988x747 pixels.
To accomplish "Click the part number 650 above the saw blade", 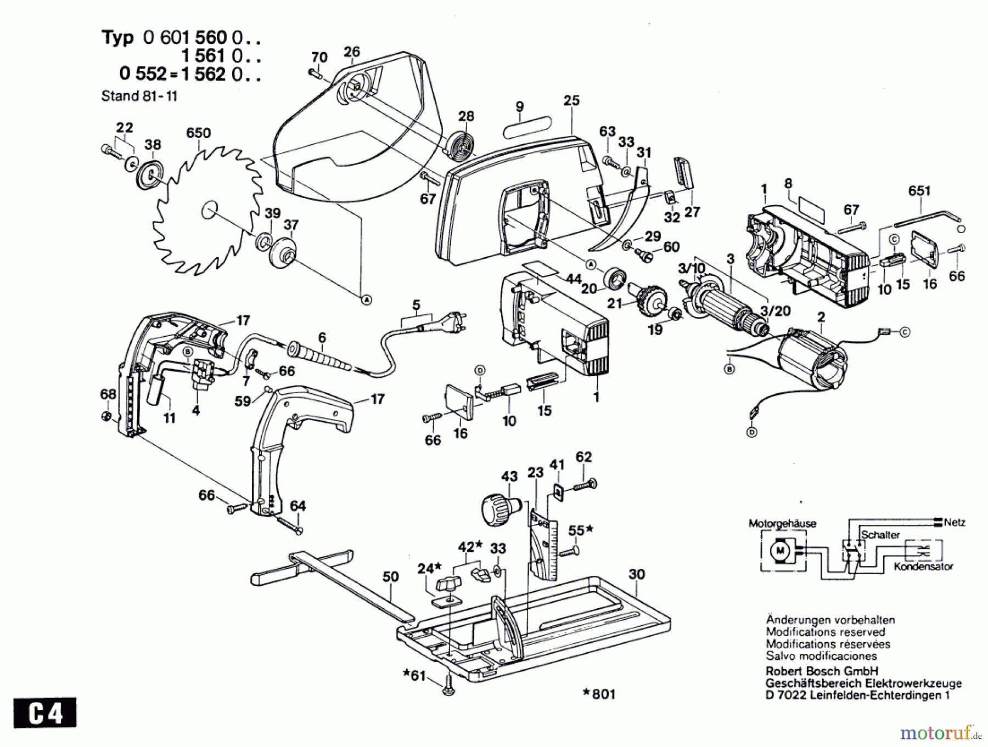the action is click(198, 133).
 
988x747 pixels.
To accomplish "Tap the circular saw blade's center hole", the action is click(210, 210).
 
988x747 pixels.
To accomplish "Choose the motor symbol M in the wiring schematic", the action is click(780, 549).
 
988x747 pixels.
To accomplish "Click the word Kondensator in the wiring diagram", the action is click(923, 566).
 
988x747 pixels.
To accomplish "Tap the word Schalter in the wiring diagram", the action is click(880, 534).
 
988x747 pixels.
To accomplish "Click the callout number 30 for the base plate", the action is click(637, 574).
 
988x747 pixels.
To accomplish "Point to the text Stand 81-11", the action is click(139, 96).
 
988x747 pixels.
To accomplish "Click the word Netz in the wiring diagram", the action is click(955, 522).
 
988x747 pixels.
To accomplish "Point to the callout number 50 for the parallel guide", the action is click(390, 576).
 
